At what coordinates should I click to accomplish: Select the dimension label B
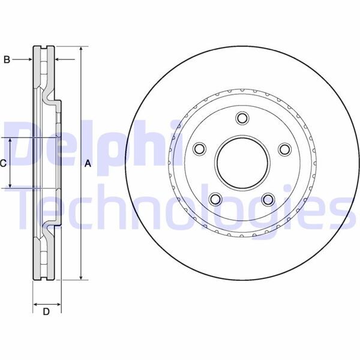point(7,59)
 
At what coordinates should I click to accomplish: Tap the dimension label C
point(3,163)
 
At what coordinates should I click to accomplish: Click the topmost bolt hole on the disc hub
point(242,118)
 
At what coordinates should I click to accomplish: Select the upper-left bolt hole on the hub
point(199,149)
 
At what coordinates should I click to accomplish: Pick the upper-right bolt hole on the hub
point(285,149)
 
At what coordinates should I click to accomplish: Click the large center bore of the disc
point(242,163)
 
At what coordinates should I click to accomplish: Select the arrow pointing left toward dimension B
point(60,59)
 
